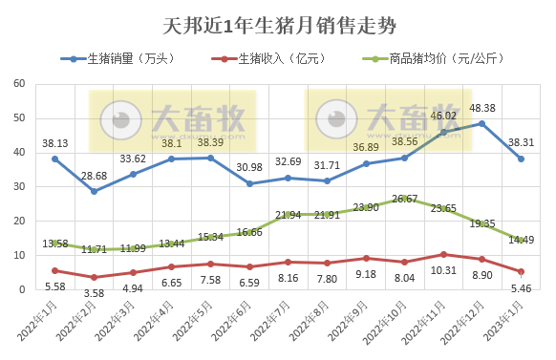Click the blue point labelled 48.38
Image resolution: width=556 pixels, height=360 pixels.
point(482,123)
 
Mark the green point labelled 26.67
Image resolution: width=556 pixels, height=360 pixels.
point(405,199)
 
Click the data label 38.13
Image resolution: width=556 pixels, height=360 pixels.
point(54,143)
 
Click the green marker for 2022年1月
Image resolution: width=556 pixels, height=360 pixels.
point(54,244)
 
